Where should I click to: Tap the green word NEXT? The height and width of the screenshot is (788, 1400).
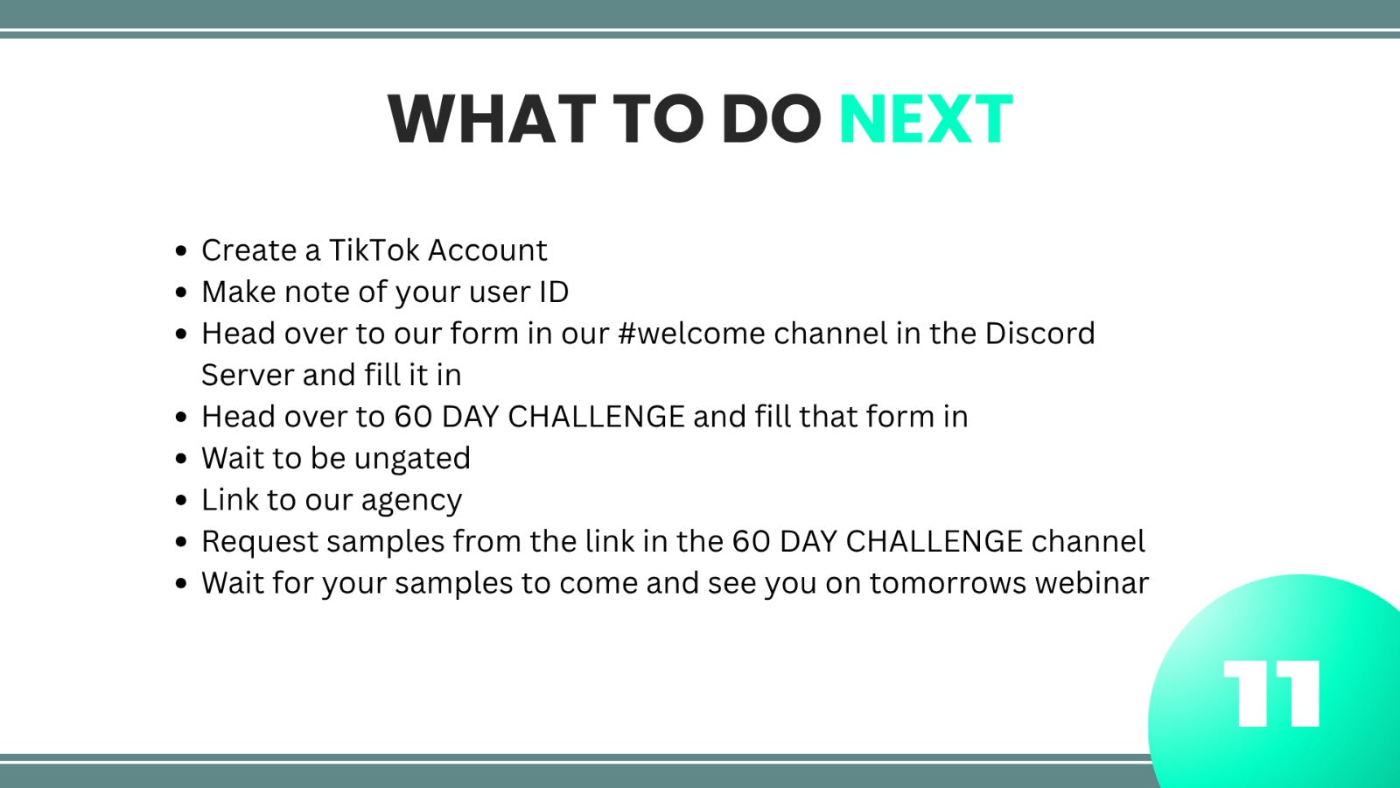point(926,119)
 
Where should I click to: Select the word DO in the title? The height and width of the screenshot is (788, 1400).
point(771,119)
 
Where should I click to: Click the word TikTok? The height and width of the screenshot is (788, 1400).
point(374,250)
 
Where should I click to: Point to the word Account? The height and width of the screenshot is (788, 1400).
point(487,250)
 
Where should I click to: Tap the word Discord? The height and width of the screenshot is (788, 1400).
point(1040,334)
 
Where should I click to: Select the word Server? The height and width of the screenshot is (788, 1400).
point(248,376)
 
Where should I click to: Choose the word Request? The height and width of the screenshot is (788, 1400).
point(259,542)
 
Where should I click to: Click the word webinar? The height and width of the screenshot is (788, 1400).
point(1092,583)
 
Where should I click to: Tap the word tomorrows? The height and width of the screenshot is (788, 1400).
point(948,583)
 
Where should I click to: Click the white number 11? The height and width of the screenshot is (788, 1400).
point(1271,693)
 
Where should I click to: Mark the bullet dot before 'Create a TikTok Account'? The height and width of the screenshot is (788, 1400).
point(181,250)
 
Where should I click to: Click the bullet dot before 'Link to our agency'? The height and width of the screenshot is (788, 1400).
point(181,500)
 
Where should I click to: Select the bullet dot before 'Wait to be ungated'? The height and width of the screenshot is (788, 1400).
point(181,459)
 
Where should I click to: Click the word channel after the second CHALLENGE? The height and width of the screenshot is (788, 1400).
point(1088,542)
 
